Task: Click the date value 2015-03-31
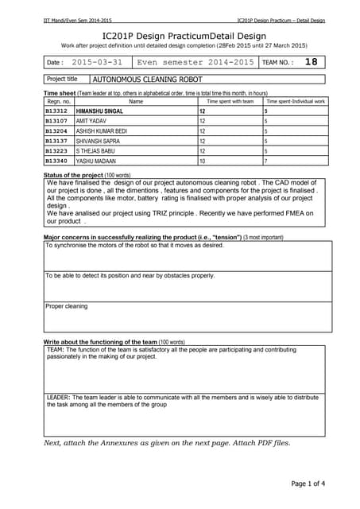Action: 97,61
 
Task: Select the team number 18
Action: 311,61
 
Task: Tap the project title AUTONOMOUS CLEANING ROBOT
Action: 148,80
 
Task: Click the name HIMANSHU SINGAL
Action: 99,111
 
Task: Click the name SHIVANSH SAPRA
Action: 98,140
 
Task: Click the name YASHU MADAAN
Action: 96,160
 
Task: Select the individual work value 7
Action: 265,160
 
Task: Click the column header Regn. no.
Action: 59,102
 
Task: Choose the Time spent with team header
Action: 230,102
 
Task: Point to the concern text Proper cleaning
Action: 67,306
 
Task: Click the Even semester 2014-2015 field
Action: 195,61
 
